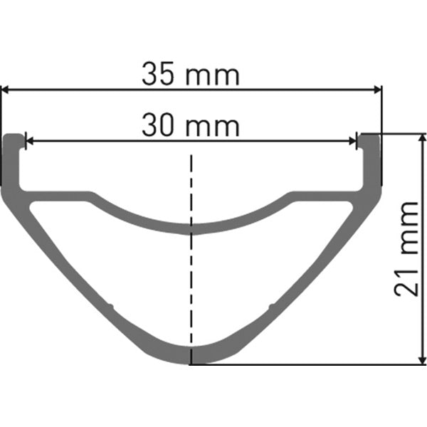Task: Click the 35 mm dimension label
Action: (191, 73)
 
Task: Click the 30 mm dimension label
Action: (190, 127)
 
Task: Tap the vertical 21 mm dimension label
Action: (408, 248)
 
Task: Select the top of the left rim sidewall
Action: (14, 136)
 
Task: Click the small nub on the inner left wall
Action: (110, 307)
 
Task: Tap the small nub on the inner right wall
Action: (270, 307)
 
